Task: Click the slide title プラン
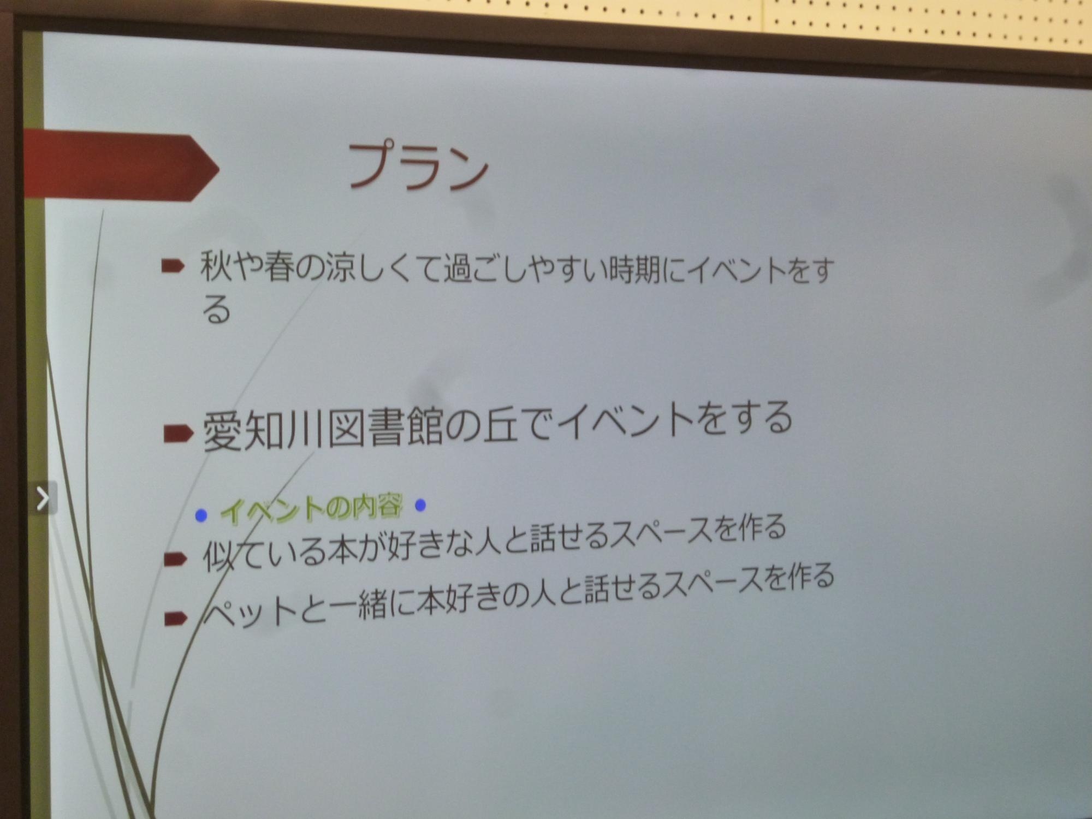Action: [x=418, y=166]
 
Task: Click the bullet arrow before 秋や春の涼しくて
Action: [x=173, y=266]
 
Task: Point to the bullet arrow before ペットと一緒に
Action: [x=175, y=619]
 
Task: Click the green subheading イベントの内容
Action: [x=312, y=508]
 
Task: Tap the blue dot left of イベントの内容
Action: [x=201, y=515]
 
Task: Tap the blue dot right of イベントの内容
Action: [x=420, y=505]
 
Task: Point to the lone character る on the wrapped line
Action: [x=216, y=310]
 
